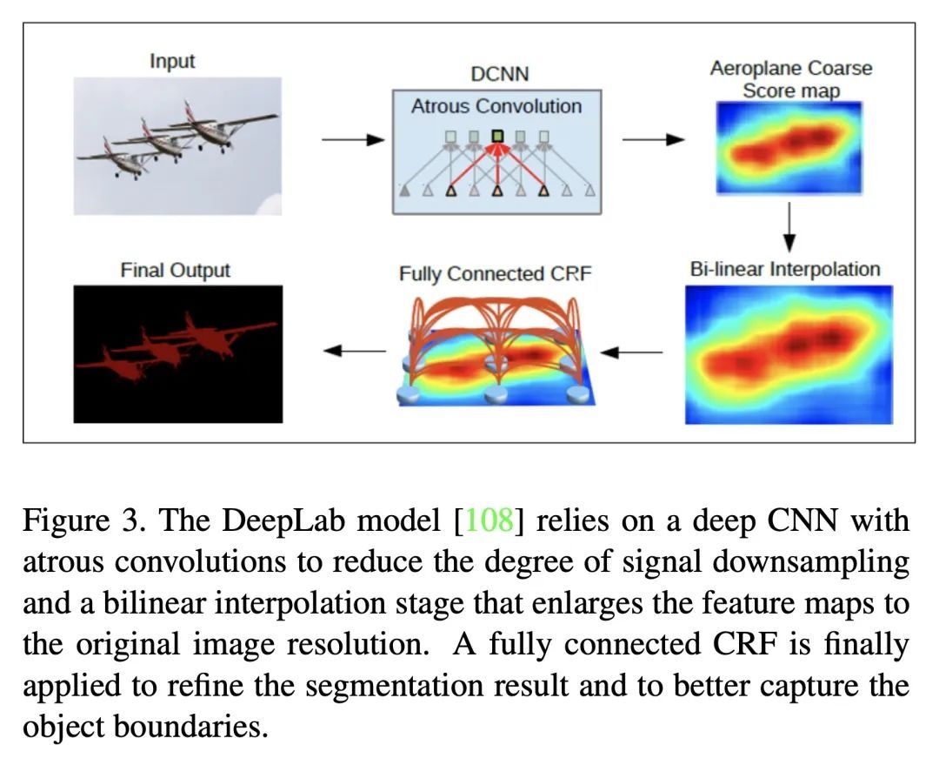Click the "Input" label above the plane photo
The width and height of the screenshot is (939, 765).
[172, 61]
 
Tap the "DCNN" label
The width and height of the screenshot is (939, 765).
[500, 74]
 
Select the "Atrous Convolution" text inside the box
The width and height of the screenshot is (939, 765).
[496, 107]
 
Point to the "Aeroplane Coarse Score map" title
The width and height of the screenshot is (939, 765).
[791, 79]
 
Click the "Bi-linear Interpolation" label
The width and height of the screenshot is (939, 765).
[785, 269]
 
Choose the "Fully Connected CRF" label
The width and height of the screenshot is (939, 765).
[496, 274]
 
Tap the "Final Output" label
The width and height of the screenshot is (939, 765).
[176, 271]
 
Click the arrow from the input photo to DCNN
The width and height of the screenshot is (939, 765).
[353, 140]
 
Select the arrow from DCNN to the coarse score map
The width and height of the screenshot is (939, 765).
[653, 140]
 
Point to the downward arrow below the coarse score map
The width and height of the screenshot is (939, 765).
[789, 227]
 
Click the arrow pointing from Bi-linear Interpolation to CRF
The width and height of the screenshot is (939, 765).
[631, 352]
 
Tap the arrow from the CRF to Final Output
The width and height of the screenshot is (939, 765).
[355, 351]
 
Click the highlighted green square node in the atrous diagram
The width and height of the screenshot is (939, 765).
[497, 136]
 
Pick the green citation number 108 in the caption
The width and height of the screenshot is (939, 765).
[489, 520]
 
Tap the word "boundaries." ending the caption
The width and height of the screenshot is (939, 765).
[190, 726]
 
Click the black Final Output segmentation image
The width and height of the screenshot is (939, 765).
[178, 354]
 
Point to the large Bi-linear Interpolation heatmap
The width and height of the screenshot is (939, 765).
[789, 355]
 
